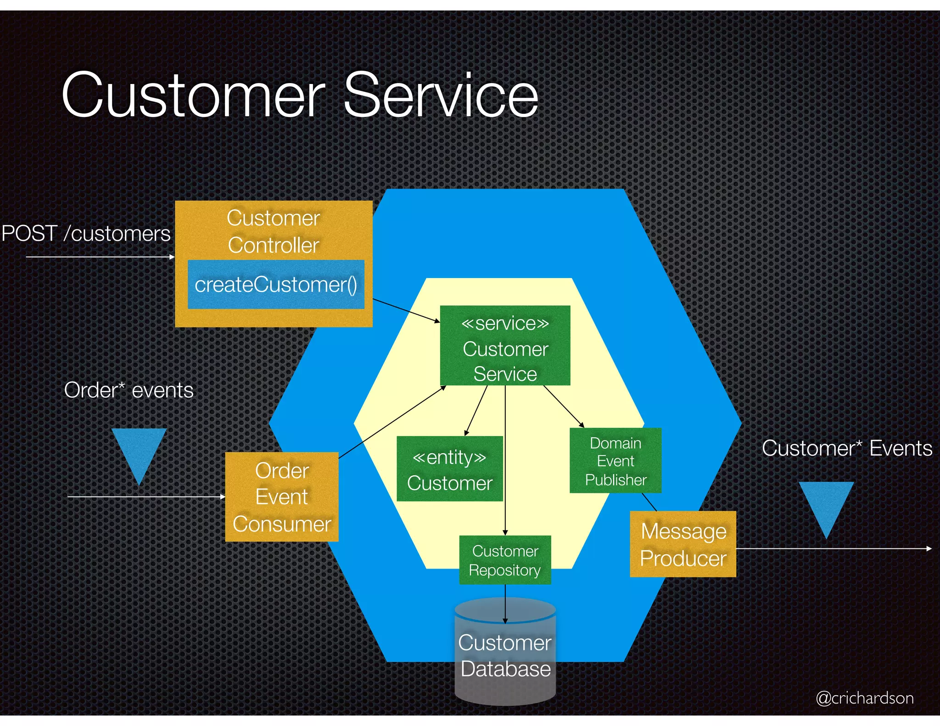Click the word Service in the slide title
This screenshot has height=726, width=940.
(441, 95)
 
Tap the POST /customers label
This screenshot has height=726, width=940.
(86, 233)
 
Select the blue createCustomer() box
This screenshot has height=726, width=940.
(276, 285)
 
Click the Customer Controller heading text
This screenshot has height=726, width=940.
(274, 231)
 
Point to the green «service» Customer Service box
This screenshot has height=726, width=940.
(505, 346)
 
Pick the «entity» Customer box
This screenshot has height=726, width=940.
(450, 469)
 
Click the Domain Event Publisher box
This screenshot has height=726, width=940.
(615, 461)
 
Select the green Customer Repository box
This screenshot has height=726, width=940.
(505, 560)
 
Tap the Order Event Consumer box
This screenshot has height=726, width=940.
(282, 497)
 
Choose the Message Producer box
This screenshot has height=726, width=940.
(683, 544)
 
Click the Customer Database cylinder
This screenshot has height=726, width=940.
(505, 656)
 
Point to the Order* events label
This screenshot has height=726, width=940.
(129, 391)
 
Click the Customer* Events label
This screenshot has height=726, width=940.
(847, 448)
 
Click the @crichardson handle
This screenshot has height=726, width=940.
(864, 698)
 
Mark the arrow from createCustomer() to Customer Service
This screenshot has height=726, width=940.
(406, 311)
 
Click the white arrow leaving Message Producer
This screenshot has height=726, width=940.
(833, 548)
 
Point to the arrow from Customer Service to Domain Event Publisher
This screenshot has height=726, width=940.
(564, 406)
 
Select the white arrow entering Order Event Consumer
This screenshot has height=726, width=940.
(147, 497)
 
